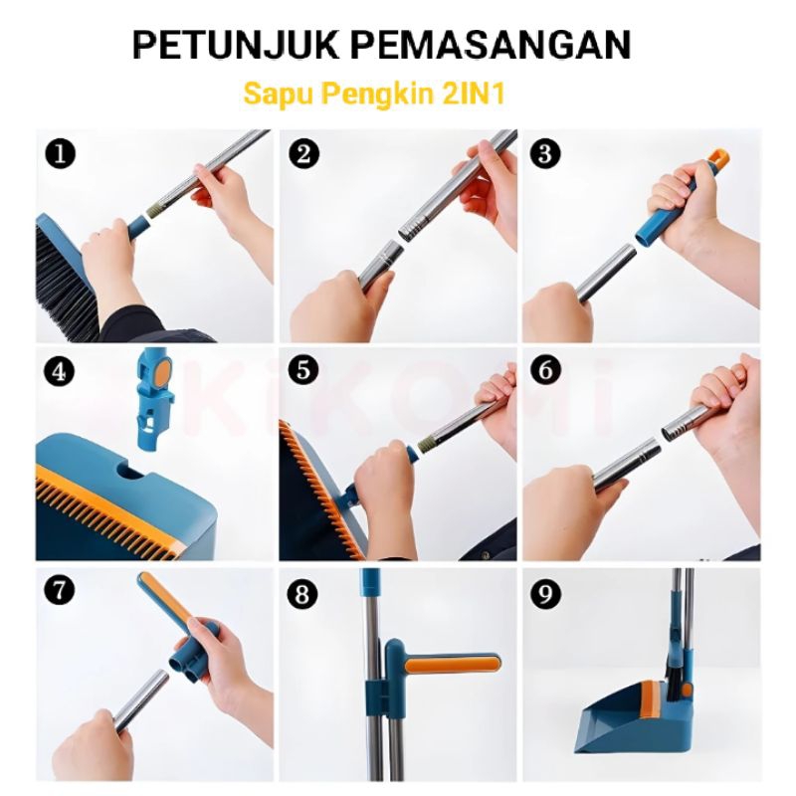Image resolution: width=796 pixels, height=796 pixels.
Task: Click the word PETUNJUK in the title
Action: click(x=235, y=45)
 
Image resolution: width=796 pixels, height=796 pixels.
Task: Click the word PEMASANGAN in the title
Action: click(x=491, y=45)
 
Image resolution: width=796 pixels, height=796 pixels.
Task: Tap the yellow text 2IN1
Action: click(x=475, y=94)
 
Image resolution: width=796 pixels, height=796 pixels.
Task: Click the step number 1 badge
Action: click(x=60, y=154)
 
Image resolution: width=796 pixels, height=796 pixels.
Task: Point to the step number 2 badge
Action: click(x=303, y=153)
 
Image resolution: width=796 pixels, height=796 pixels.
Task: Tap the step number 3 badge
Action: click(x=545, y=153)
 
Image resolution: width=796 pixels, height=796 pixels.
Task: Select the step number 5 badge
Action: click(x=303, y=370)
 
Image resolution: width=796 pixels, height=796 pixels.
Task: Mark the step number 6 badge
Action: click(x=545, y=370)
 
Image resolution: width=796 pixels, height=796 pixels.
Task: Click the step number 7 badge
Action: click(x=60, y=591)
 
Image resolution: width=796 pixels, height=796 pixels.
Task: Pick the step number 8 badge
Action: click(x=302, y=594)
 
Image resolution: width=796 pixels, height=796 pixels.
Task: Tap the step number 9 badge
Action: click(x=545, y=594)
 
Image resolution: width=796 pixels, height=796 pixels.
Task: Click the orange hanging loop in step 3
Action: click(x=718, y=159)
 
